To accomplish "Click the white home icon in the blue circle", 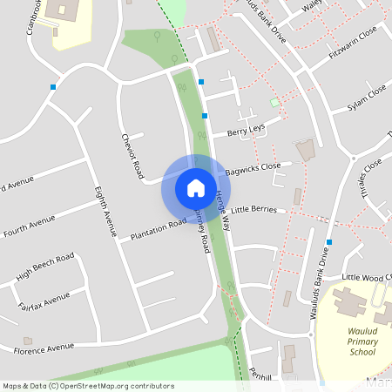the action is [196, 187].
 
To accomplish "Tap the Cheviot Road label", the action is [132, 157].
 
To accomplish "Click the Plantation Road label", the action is [159, 230].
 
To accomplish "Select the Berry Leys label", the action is [246, 132].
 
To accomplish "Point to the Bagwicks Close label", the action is [253, 168].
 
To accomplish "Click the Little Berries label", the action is [253, 210].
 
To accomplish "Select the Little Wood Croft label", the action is [366, 277].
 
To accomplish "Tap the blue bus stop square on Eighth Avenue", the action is [54, 86].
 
